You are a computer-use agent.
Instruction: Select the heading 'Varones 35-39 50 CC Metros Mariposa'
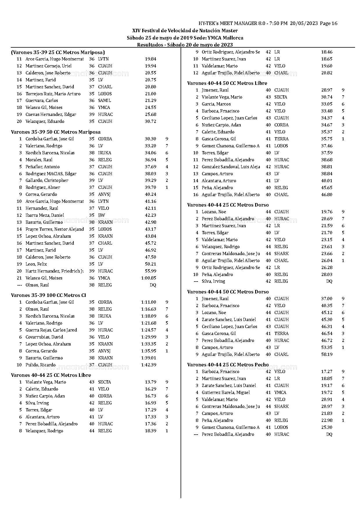(x=56, y=132)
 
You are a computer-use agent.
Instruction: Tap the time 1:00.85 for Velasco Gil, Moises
(x=149, y=278)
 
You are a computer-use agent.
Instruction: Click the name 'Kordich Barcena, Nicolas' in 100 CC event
(x=50, y=316)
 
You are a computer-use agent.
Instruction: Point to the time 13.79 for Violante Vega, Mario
(x=150, y=382)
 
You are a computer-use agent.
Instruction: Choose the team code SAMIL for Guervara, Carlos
(x=105, y=101)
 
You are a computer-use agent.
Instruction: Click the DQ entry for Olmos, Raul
(x=153, y=285)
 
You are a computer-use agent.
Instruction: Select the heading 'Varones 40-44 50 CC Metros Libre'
(x=227, y=83)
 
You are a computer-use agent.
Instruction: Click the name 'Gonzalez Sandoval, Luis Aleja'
(x=231, y=167)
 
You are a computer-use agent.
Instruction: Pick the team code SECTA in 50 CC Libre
(x=280, y=97)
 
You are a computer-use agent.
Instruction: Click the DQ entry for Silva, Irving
(x=329, y=281)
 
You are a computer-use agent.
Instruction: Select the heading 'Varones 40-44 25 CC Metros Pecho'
(x=228, y=365)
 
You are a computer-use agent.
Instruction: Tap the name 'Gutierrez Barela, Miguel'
(x=226, y=392)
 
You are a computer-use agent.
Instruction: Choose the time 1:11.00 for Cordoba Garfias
(x=149, y=302)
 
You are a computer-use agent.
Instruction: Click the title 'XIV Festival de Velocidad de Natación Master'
(x=185, y=31)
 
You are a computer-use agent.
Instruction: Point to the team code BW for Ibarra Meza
(x=102, y=215)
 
